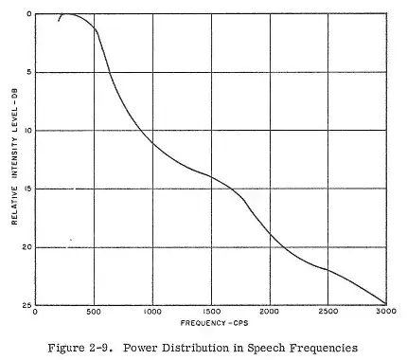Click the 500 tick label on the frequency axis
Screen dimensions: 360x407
pyautogui.click(x=94, y=311)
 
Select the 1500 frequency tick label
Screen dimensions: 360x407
pyautogui.click(x=210, y=311)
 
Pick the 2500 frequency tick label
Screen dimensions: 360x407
pyautogui.click(x=327, y=311)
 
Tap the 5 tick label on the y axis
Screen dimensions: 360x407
pyautogui.click(x=29, y=72)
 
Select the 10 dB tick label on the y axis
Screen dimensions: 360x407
pyautogui.click(x=27, y=130)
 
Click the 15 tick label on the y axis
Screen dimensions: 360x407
pyautogui.click(x=27, y=189)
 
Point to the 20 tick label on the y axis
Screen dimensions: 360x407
pyautogui.click(x=27, y=246)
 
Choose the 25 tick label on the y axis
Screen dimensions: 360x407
pyautogui.click(x=27, y=304)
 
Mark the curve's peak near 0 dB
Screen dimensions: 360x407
pyautogui.click(x=69, y=14)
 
